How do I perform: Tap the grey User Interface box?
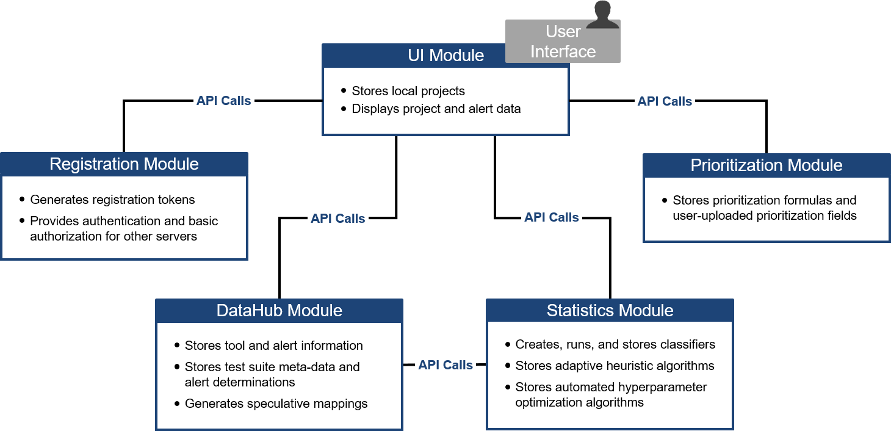point(562,42)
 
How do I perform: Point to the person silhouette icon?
point(602,15)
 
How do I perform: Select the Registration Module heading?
point(124,164)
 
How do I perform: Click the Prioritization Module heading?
point(766,165)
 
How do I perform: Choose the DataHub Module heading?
point(279,310)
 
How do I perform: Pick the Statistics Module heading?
point(610,310)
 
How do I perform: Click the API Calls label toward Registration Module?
point(223,101)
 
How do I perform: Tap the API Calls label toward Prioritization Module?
point(665,101)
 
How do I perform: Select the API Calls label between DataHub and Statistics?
point(445,365)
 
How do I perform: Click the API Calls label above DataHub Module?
point(337,219)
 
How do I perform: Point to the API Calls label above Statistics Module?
point(551,217)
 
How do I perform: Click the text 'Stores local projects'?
point(408,92)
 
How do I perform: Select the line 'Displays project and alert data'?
point(436,109)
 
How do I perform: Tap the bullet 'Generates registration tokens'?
point(112,200)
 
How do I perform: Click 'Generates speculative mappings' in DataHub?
point(276,404)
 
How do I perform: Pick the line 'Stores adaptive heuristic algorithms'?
point(615,366)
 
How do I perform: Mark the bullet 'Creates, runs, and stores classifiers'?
point(615,345)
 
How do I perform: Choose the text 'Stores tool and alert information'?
point(273,346)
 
